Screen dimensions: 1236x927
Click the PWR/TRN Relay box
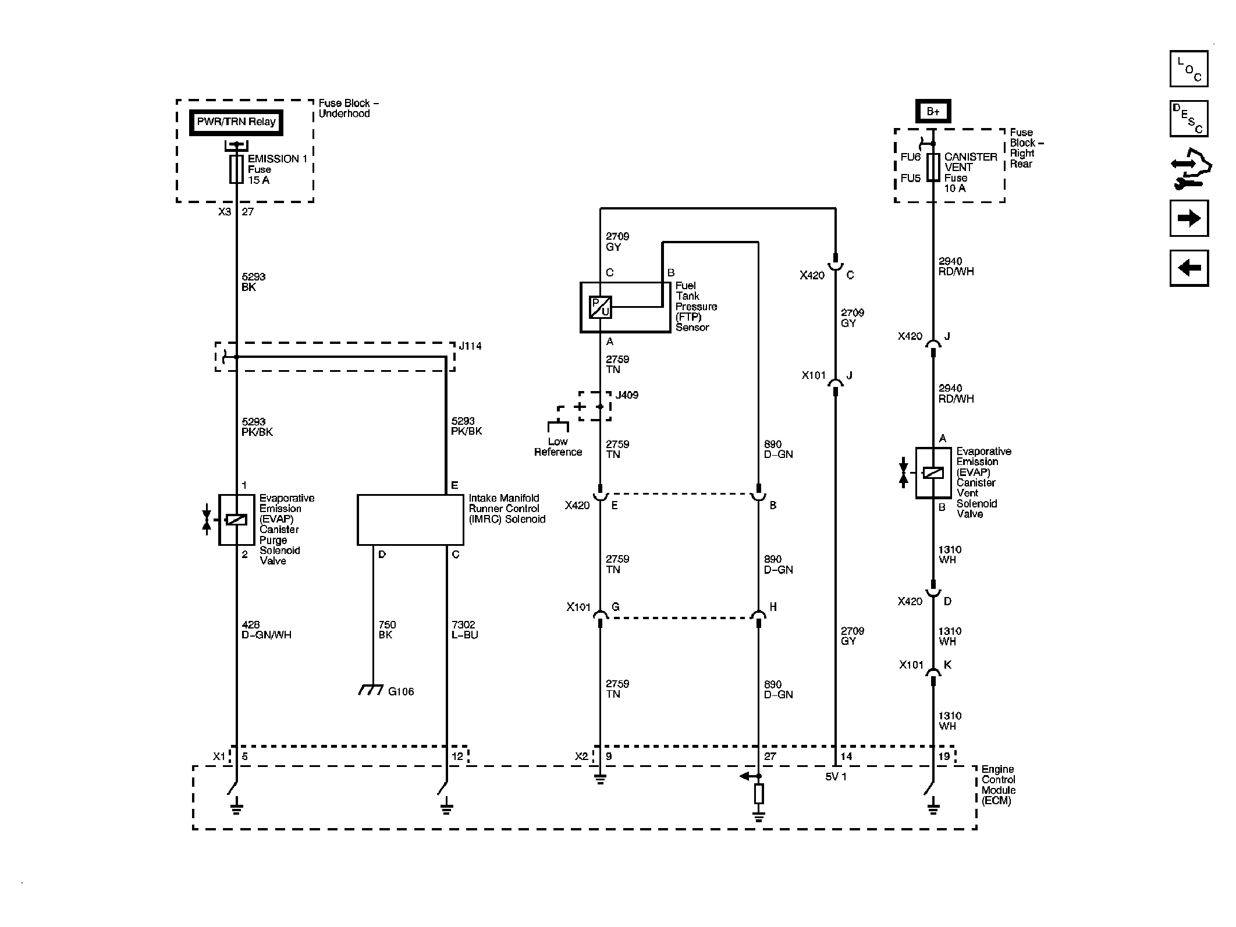coord(236,122)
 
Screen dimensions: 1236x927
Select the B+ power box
coord(933,111)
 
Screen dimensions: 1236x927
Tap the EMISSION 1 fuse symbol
coord(236,169)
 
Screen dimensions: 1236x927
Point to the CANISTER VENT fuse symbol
coord(933,168)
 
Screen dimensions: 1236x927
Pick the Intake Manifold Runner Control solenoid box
coord(410,520)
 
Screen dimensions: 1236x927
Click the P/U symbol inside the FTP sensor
coord(600,307)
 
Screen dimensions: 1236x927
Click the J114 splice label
coord(470,346)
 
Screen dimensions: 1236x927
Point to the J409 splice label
coord(627,395)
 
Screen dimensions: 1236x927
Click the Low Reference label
coord(558,447)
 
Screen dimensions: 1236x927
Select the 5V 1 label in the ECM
coord(836,776)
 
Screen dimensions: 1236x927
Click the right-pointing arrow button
coord(1189,218)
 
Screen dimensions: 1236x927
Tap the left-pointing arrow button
coord(1189,268)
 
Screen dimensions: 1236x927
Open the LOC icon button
coord(1189,69)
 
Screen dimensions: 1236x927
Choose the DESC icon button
coord(1189,119)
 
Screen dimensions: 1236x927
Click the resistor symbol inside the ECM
coord(758,794)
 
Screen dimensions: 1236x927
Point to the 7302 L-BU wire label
coord(465,630)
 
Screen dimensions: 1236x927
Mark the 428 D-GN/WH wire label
coord(267,630)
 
